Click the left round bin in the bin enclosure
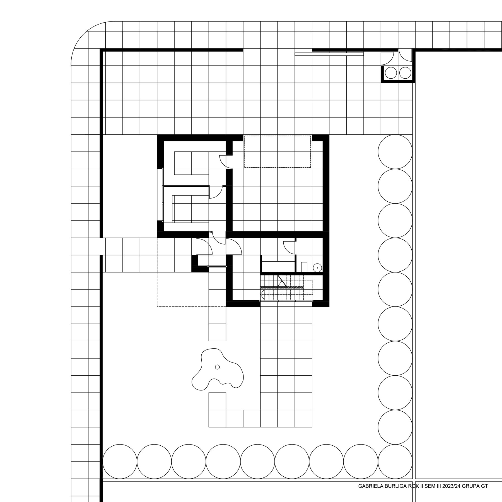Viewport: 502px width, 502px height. [391, 73]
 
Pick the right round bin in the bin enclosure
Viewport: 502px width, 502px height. [405, 73]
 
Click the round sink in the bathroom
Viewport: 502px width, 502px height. [317, 268]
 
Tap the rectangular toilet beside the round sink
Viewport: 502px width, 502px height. [304, 267]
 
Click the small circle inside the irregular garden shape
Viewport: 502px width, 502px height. [218, 367]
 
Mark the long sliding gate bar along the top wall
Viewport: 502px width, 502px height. [329, 54]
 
